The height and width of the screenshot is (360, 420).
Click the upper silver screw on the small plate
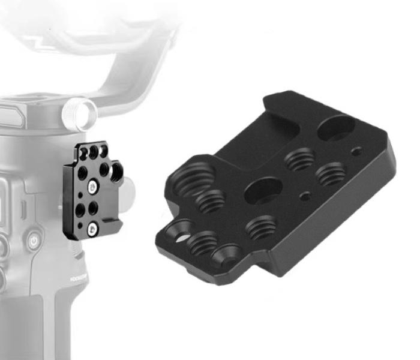tap(91, 187)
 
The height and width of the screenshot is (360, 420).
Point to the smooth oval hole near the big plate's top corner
tap(337, 128)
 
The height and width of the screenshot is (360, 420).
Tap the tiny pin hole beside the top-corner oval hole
tap(358, 151)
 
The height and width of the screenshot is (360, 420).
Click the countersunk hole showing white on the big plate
tap(180, 232)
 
